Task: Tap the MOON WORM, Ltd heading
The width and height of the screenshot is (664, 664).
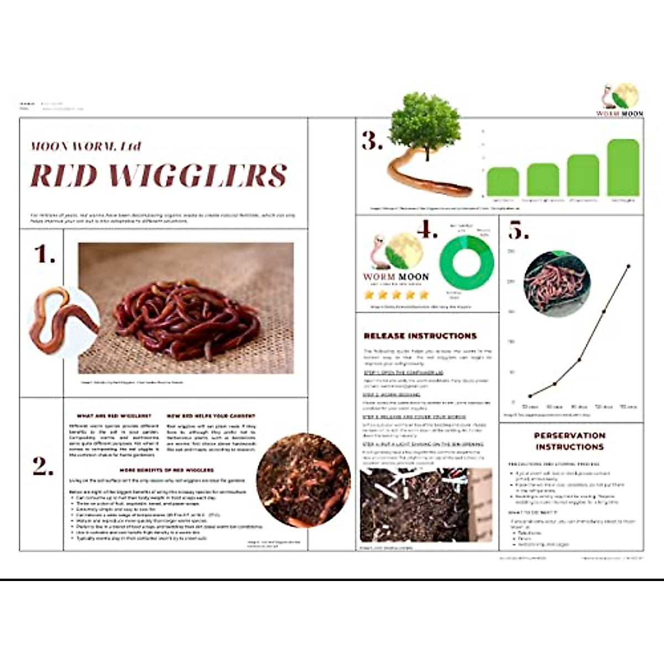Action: tap(86, 146)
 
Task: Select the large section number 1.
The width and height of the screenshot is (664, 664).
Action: tap(44, 255)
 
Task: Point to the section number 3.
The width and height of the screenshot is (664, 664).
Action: tap(372, 142)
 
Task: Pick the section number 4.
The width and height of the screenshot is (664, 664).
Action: tap(427, 229)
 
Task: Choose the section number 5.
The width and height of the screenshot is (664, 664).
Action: tap(518, 231)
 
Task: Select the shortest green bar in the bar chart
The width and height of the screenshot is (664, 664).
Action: tap(502, 181)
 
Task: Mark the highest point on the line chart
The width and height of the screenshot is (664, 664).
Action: tap(629, 266)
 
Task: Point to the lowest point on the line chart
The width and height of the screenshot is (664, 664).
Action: tap(530, 396)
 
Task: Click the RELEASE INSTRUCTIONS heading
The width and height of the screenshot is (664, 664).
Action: tap(420, 336)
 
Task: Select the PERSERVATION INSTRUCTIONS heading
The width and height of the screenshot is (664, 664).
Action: tap(570, 441)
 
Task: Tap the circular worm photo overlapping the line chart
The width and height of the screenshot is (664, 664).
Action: tap(557, 283)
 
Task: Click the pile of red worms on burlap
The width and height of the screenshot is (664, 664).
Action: tap(187, 318)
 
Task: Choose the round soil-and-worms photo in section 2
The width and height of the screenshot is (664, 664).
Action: tap(303, 480)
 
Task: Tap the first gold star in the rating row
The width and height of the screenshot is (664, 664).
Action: tap(370, 294)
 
